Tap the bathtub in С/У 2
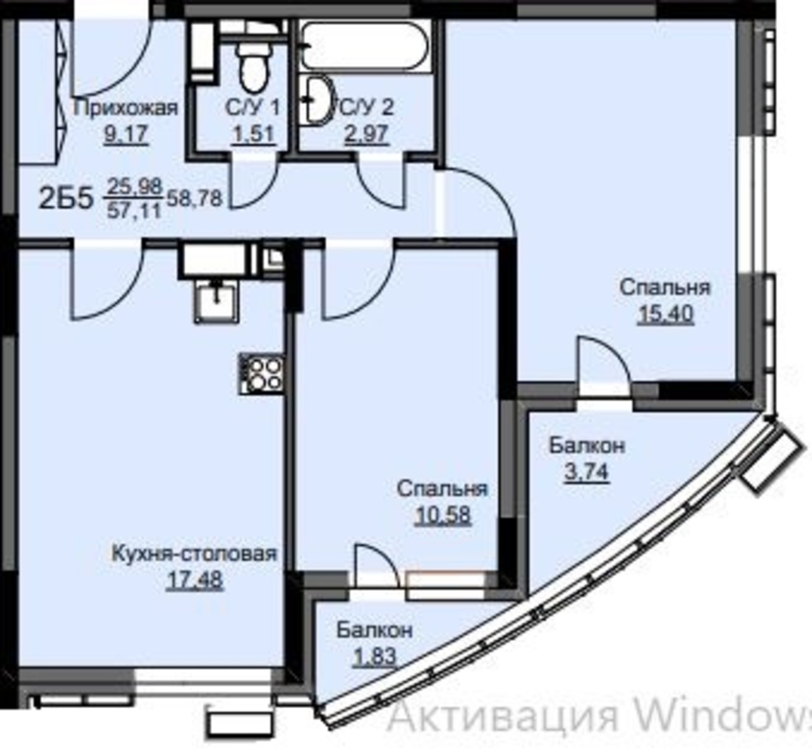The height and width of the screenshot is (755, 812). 364,45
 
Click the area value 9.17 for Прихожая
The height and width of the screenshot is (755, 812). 126,134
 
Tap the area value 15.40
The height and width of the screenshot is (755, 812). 666,313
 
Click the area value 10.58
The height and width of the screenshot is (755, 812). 443,515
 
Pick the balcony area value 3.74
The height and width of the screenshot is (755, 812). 586,472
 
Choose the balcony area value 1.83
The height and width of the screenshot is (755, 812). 374,657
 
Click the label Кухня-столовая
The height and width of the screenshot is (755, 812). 195,553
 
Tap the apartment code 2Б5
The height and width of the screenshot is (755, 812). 66,199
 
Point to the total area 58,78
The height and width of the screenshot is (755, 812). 194,198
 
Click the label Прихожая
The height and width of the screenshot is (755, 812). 126,108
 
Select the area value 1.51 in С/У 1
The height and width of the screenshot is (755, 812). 253,134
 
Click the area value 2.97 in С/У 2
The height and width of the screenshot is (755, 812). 367,134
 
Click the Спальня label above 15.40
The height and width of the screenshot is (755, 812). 666,287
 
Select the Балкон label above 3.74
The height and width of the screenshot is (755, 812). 586,445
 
